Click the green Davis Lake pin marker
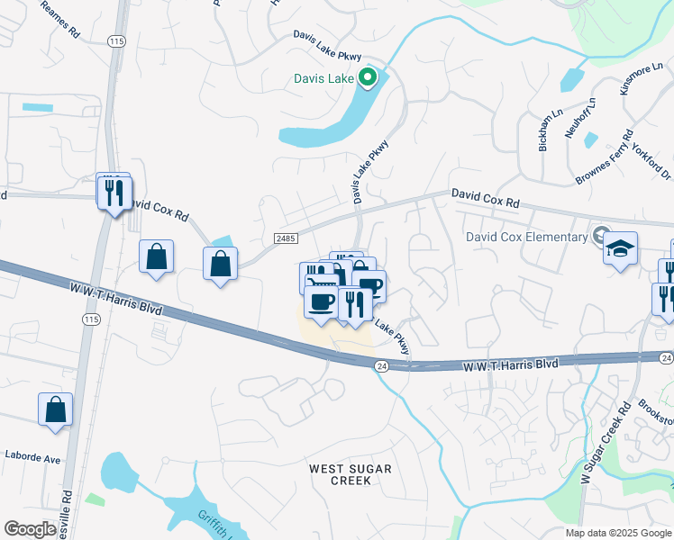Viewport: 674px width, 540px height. tap(367, 78)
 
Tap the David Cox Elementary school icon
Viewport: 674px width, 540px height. tap(621, 247)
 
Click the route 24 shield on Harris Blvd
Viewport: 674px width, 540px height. tap(382, 365)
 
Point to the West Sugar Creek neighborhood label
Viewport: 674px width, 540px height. tap(351, 474)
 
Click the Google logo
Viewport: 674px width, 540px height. tap(30, 529)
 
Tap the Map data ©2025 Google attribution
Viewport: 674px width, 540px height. tap(617, 533)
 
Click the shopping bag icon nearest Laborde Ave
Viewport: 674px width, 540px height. tap(55, 409)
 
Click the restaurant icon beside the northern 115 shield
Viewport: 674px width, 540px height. tap(114, 193)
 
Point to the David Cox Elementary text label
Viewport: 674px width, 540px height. tap(526, 237)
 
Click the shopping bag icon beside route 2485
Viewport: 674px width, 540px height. tap(221, 265)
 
